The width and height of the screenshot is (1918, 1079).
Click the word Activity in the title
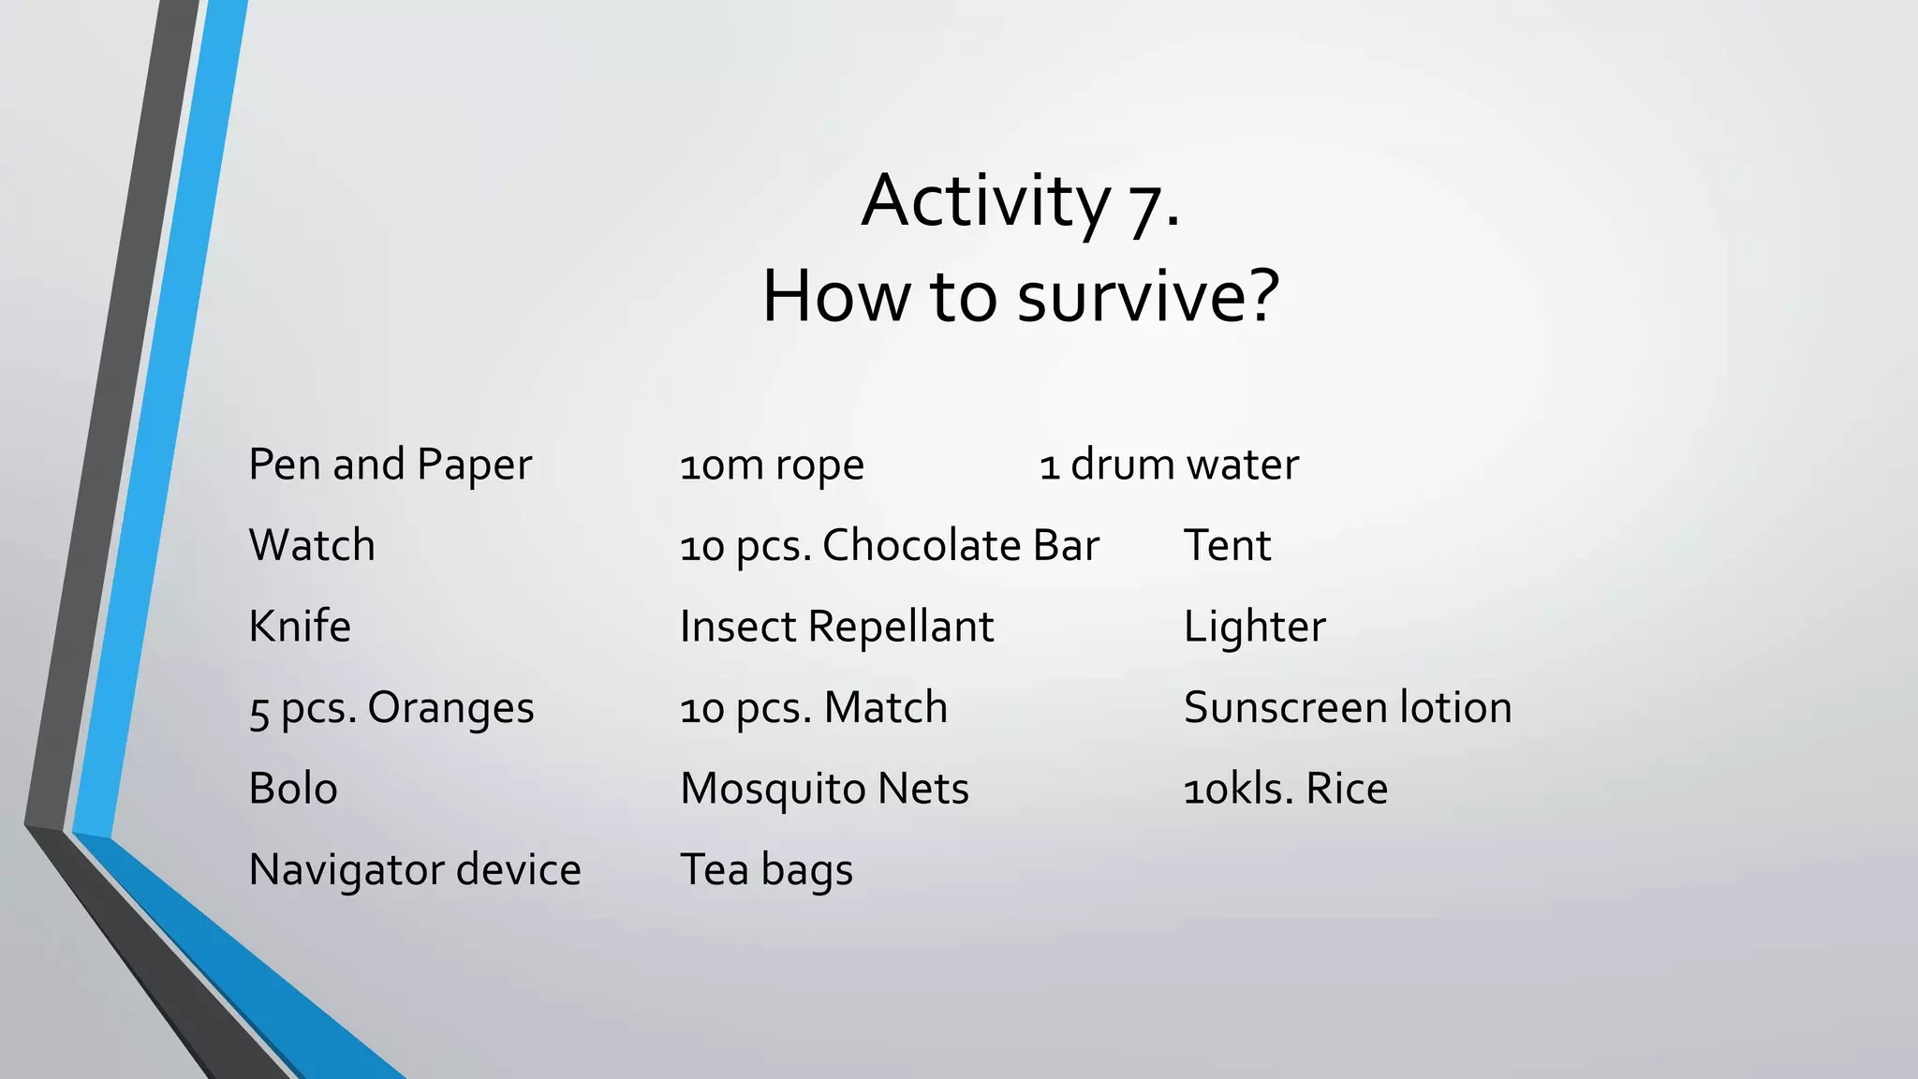(985, 201)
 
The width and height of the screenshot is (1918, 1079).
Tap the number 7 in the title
(1146, 206)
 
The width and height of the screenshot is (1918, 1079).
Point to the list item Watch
(312, 546)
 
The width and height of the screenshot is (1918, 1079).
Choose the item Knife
(300, 627)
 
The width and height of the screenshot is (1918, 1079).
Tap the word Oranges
(450, 708)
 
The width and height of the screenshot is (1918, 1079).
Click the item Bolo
(293, 789)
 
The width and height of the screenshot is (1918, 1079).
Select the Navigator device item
(415, 870)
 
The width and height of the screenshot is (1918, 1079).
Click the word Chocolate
(922, 546)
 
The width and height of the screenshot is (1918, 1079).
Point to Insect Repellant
(836, 627)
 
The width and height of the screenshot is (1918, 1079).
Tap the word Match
(886, 708)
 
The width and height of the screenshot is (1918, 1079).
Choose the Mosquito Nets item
(824, 789)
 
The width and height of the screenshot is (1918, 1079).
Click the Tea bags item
(766, 870)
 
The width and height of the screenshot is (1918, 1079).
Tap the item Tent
(1227, 546)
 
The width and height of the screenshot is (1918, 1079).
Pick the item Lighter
(1254, 627)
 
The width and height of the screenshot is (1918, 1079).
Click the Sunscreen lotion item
(1348, 708)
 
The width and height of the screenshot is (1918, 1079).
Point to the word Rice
(1347, 789)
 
